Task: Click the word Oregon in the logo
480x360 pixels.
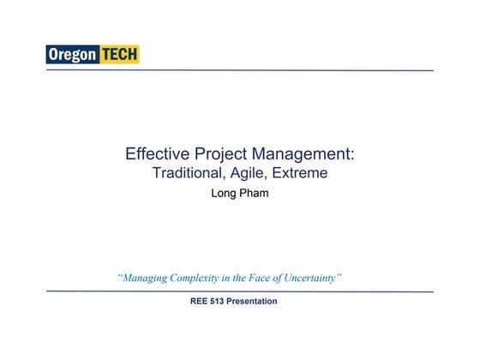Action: pyautogui.click(x=73, y=55)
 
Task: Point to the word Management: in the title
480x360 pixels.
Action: pyautogui.click(x=303, y=154)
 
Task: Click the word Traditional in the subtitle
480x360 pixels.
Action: pyautogui.click(x=189, y=173)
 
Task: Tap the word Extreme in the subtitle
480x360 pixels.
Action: pyautogui.click(x=300, y=173)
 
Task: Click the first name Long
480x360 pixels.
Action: pyautogui.click(x=224, y=194)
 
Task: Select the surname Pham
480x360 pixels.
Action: pyautogui.click(x=254, y=194)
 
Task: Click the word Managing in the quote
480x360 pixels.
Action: pyautogui.click(x=146, y=278)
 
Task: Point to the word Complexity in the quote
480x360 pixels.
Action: pyautogui.click(x=202, y=278)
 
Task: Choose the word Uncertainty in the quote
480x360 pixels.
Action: pyautogui.click(x=315, y=278)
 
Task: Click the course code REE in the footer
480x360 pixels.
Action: pyautogui.click(x=201, y=302)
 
